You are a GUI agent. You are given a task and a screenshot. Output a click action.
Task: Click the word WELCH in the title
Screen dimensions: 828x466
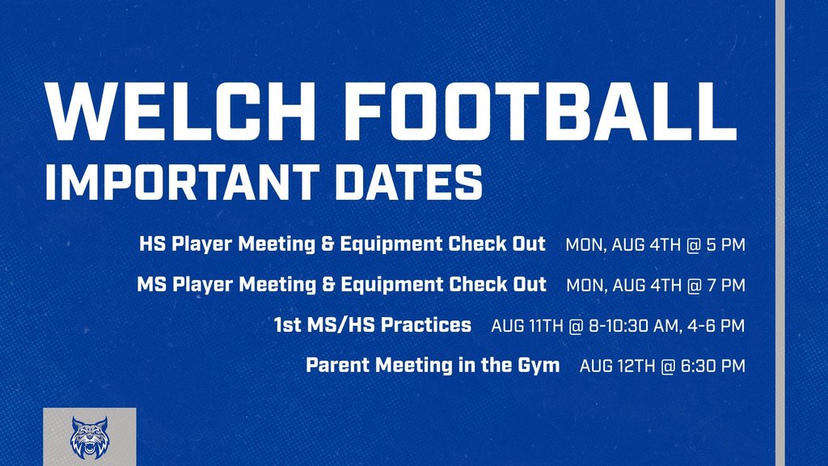(x=180, y=112)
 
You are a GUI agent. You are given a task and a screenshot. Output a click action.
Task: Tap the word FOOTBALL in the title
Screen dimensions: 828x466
(x=540, y=112)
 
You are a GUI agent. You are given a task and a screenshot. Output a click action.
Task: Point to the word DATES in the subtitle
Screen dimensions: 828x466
(x=408, y=182)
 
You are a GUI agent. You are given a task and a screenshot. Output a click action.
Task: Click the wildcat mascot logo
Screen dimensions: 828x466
(x=89, y=438)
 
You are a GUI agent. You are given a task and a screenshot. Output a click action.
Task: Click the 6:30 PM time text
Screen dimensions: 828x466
(x=713, y=366)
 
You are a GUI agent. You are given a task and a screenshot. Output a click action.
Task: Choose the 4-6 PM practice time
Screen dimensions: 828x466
(x=716, y=325)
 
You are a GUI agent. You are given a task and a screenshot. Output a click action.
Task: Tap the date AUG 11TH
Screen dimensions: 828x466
(x=527, y=325)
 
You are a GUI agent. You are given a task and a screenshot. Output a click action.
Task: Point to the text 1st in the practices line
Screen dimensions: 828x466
(x=287, y=324)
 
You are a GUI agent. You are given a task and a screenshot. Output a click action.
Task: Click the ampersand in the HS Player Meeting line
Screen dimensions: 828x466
(x=327, y=244)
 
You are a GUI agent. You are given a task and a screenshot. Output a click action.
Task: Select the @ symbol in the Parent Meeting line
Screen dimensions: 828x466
(x=668, y=366)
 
